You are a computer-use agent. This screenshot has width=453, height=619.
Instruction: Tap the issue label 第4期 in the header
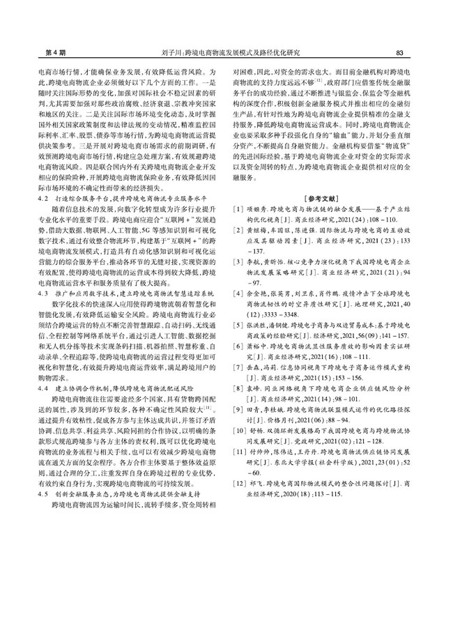[35, 53]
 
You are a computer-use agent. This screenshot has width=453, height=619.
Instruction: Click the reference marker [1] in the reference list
[238, 209]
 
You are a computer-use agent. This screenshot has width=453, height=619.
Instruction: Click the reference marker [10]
[239, 431]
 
